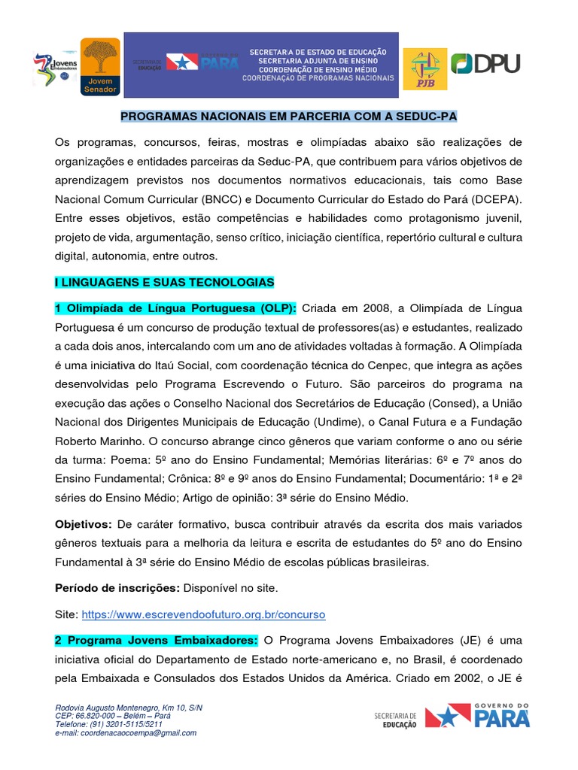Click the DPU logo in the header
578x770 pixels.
485,64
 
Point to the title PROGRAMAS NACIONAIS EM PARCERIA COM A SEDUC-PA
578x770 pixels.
289,117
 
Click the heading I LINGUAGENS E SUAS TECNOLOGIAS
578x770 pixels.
164,282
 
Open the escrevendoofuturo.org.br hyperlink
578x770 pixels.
203,614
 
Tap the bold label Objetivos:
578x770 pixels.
83,523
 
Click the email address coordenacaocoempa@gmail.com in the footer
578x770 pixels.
126,733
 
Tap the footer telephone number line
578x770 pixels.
109,725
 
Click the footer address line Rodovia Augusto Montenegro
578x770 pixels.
129,708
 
